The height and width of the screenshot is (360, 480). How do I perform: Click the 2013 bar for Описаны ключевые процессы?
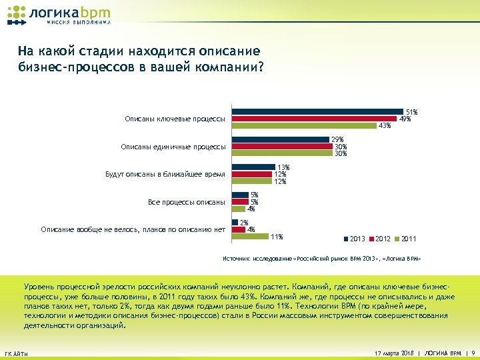(x=318, y=112)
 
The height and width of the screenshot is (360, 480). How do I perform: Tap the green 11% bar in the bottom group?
(x=249, y=236)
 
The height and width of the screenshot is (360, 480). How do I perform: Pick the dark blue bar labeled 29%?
(x=281, y=139)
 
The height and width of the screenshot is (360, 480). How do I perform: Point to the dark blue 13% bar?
(x=253, y=167)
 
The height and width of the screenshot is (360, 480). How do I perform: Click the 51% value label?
(x=411, y=112)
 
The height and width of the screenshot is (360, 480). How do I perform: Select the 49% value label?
(x=404, y=119)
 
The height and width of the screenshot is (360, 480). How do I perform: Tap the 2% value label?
(x=244, y=223)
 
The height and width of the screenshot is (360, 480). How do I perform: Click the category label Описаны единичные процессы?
(x=173, y=147)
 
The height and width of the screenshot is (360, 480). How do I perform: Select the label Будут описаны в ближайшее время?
(x=165, y=175)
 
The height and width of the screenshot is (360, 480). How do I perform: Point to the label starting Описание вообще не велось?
(x=133, y=230)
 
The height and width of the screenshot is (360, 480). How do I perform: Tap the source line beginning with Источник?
(x=321, y=257)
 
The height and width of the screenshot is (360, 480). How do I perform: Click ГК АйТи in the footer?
(x=16, y=353)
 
